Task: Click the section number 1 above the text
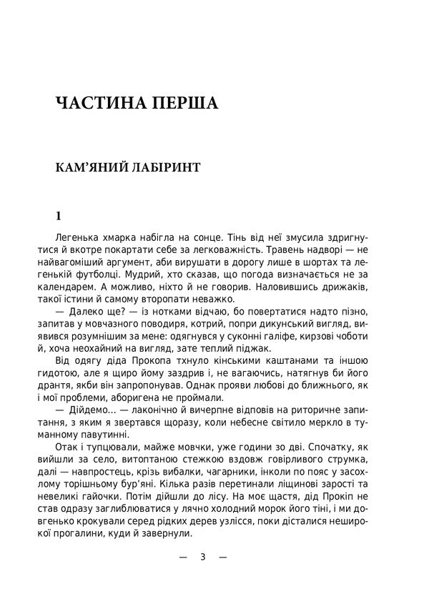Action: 59,215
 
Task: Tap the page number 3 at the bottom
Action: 203,558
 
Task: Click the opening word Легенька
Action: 78,237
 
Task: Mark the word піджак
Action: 250,348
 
